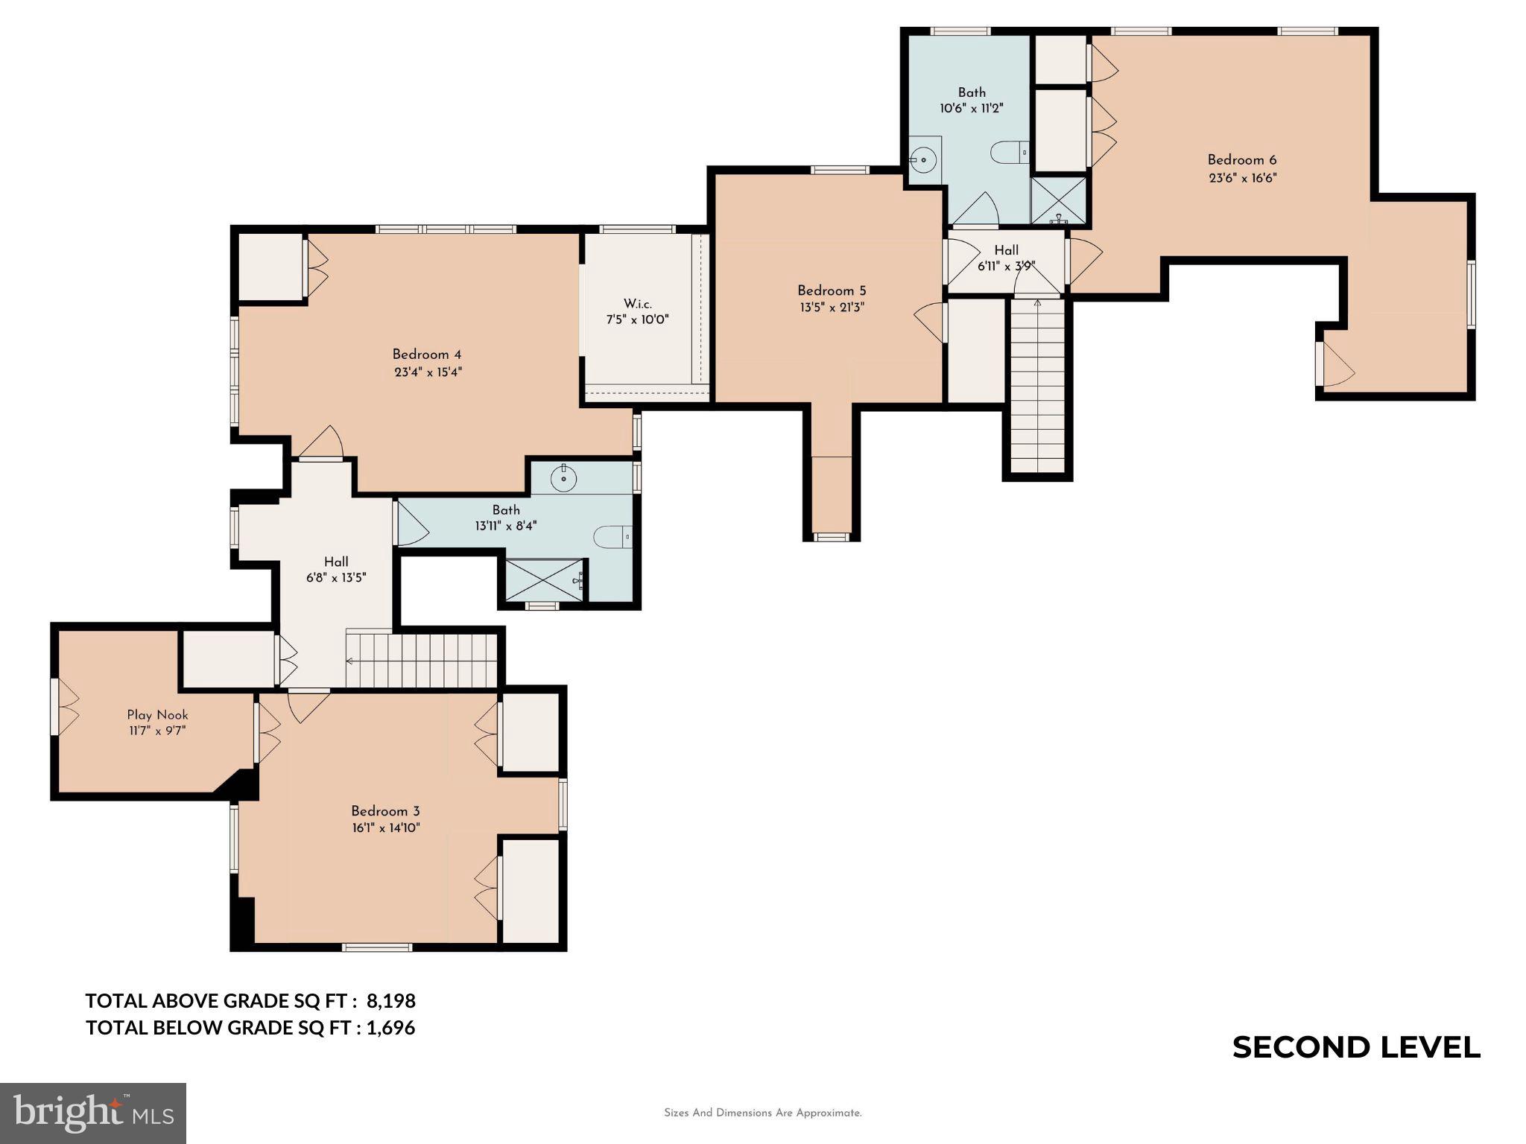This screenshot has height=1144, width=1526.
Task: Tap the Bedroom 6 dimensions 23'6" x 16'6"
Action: pyautogui.click(x=1242, y=178)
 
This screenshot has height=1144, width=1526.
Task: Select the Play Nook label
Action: pyautogui.click(x=157, y=715)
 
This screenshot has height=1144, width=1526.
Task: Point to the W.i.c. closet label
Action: pyautogui.click(x=637, y=304)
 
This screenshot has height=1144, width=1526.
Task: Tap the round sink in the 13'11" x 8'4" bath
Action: pyautogui.click(x=564, y=479)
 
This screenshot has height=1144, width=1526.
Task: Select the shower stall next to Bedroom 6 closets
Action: pyautogui.click(x=1058, y=200)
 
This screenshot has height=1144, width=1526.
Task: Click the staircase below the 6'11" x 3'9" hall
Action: pyautogui.click(x=1037, y=387)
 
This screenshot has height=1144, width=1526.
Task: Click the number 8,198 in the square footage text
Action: pyautogui.click(x=390, y=1000)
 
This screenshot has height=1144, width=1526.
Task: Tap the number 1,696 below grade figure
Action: pyautogui.click(x=390, y=1028)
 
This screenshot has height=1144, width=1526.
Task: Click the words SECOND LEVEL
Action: pyautogui.click(x=1355, y=1047)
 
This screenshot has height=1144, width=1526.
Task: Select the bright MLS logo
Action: pyautogui.click(x=93, y=1113)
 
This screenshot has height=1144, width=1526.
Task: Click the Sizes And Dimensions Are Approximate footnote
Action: pyautogui.click(x=762, y=1113)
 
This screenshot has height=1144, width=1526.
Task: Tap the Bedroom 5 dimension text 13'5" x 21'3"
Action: pyautogui.click(x=831, y=307)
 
